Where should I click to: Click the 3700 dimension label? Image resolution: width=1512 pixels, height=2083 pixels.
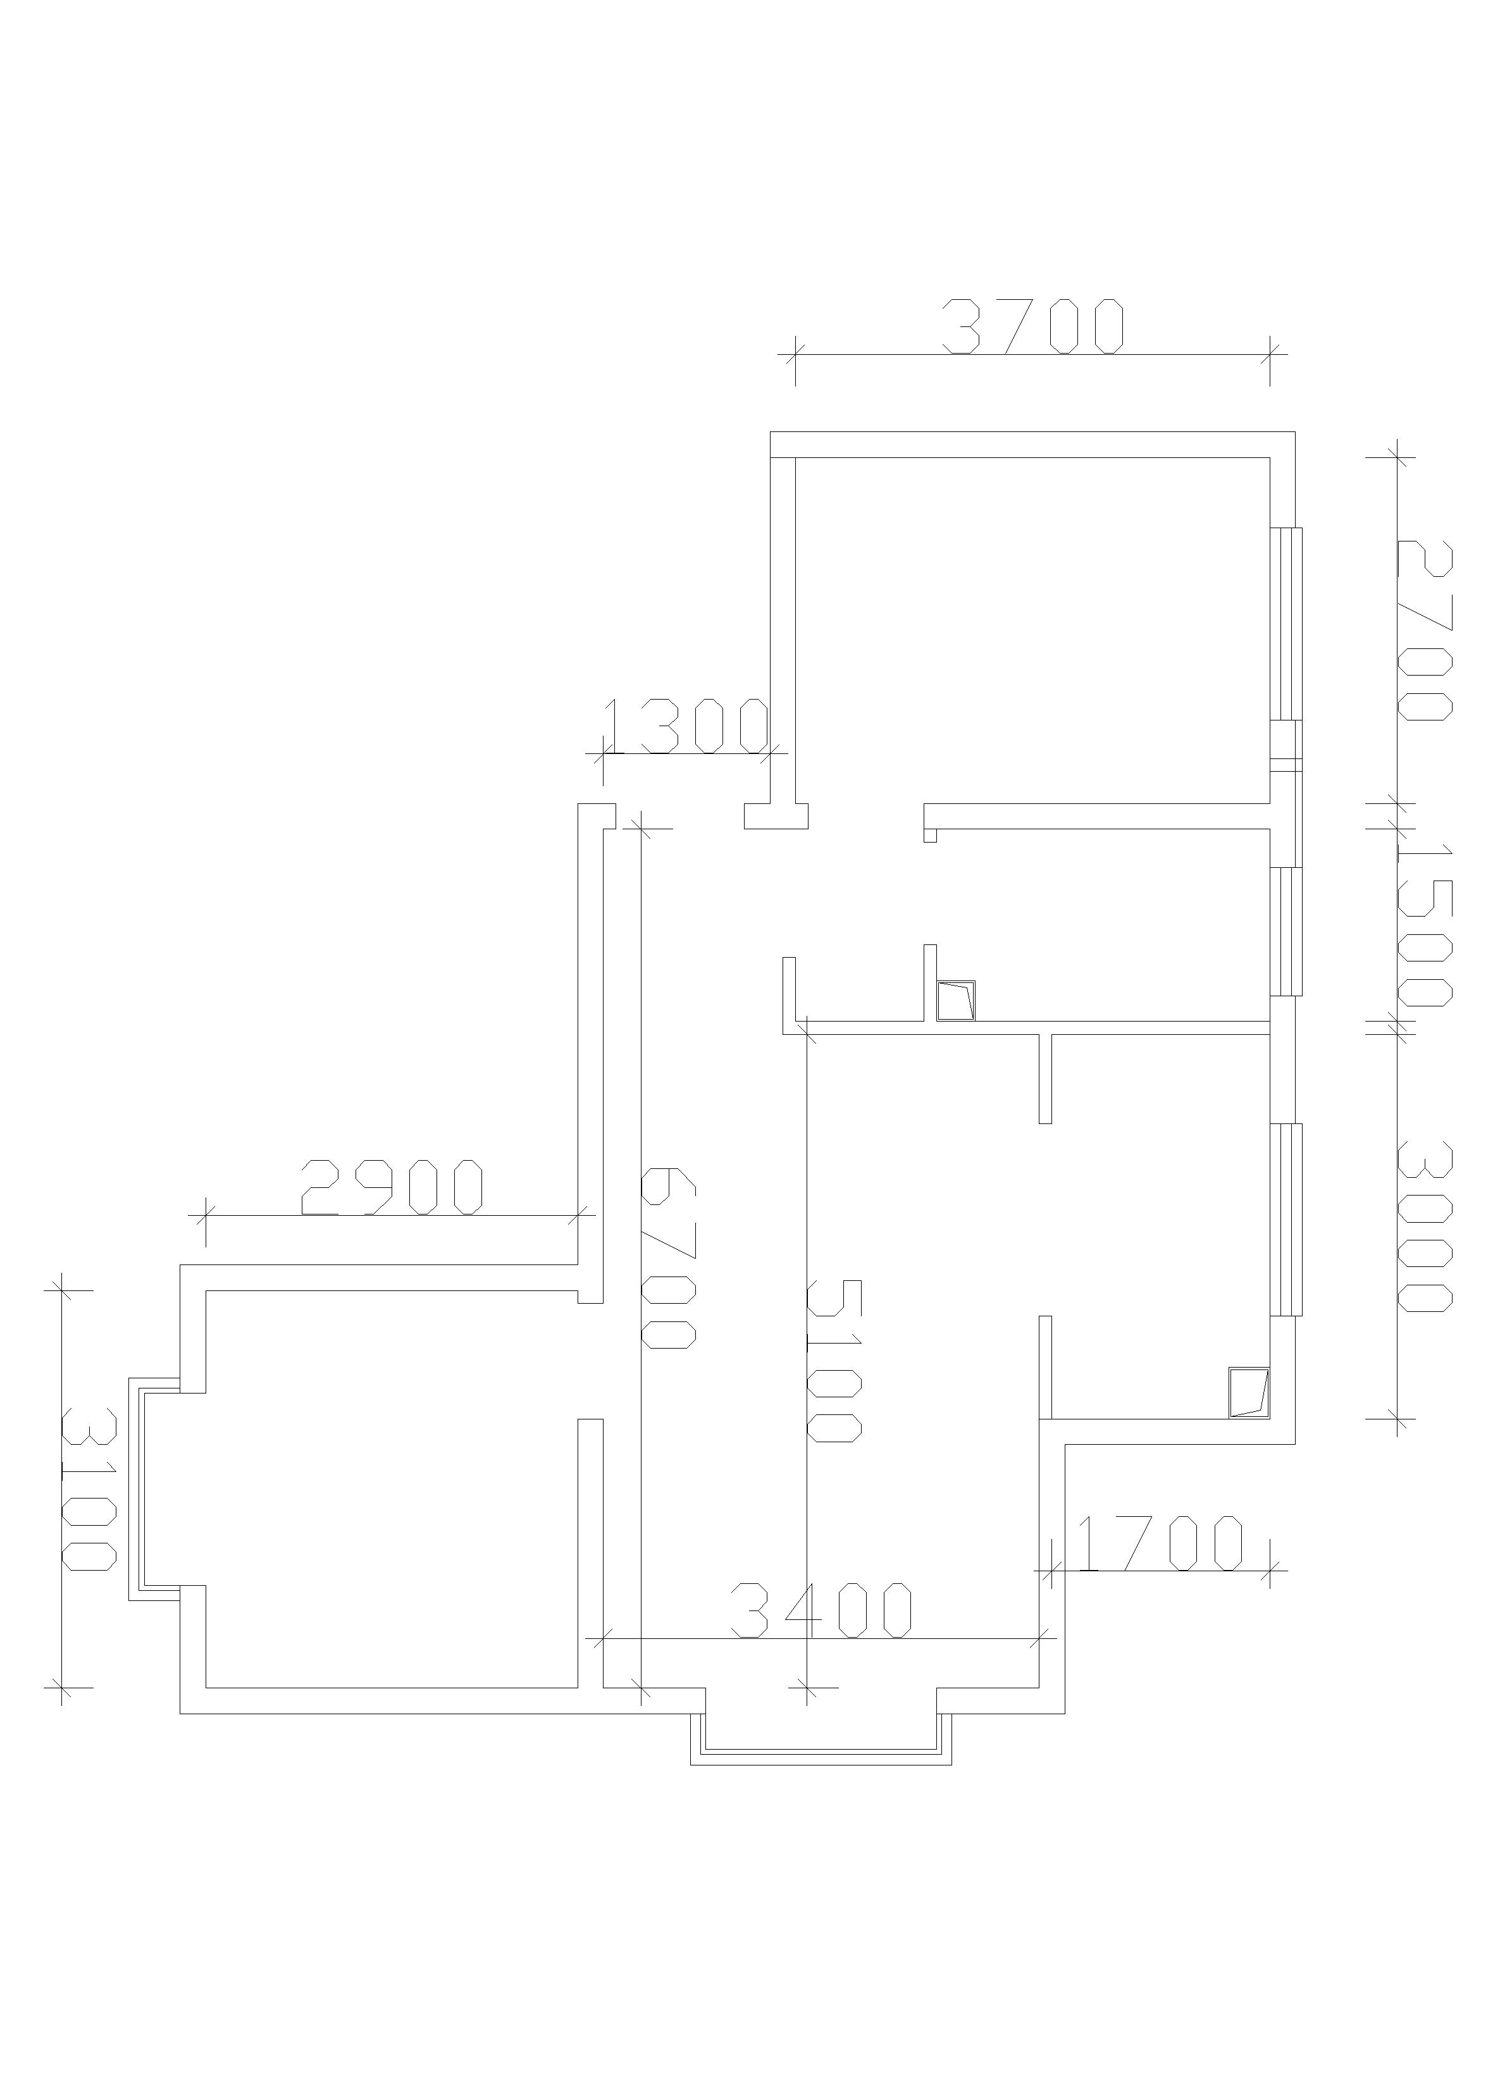point(1032,327)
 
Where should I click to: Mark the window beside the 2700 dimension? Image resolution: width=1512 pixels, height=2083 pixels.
point(1287,622)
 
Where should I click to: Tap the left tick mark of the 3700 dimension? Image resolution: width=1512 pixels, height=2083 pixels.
point(795,354)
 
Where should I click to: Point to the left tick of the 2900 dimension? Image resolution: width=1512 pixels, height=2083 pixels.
point(206,1215)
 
